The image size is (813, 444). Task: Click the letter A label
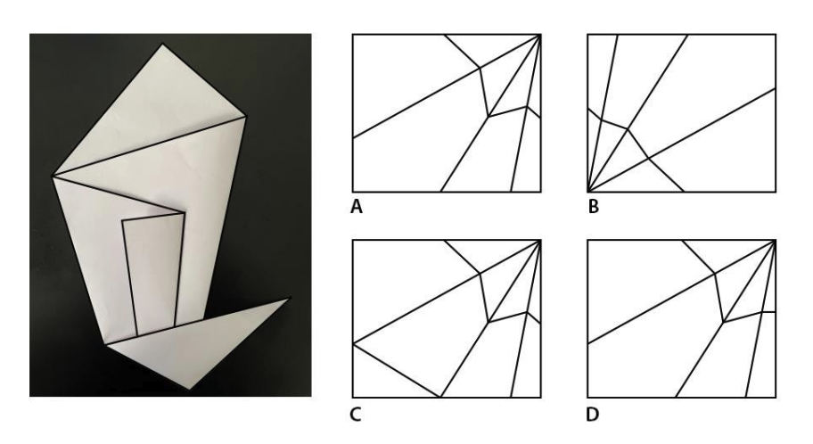pos(357,207)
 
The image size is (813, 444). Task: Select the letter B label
pos(594,207)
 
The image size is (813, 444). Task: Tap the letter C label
pos(356,415)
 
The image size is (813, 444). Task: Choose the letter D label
pos(592,415)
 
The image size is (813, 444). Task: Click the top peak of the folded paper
pos(162,44)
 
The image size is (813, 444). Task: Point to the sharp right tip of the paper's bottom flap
pos(290,299)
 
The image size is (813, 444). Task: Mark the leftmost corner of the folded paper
pos(53,177)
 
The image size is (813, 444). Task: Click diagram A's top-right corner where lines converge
pos(540,35)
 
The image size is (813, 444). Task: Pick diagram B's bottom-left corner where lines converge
pos(588,192)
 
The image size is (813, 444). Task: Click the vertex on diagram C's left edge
pos(353,343)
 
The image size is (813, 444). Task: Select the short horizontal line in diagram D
pos(768,312)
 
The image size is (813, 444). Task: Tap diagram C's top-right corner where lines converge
pos(540,240)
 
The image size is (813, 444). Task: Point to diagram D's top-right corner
pos(776,240)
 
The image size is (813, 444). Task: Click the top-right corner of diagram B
pos(776,35)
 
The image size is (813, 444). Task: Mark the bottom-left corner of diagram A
pos(353,192)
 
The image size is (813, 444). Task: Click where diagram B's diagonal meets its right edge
pos(776,88)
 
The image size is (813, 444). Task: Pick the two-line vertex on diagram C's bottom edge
pos(440,398)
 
